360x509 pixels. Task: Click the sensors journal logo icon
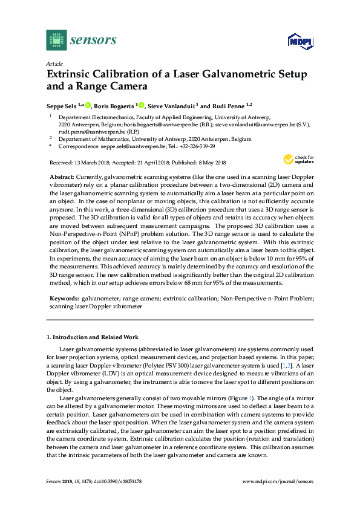point(56,40)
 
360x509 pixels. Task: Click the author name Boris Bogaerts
point(116,105)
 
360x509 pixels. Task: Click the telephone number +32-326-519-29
point(195,146)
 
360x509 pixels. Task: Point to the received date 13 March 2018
point(85,162)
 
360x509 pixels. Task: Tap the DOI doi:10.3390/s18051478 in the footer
point(117,481)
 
